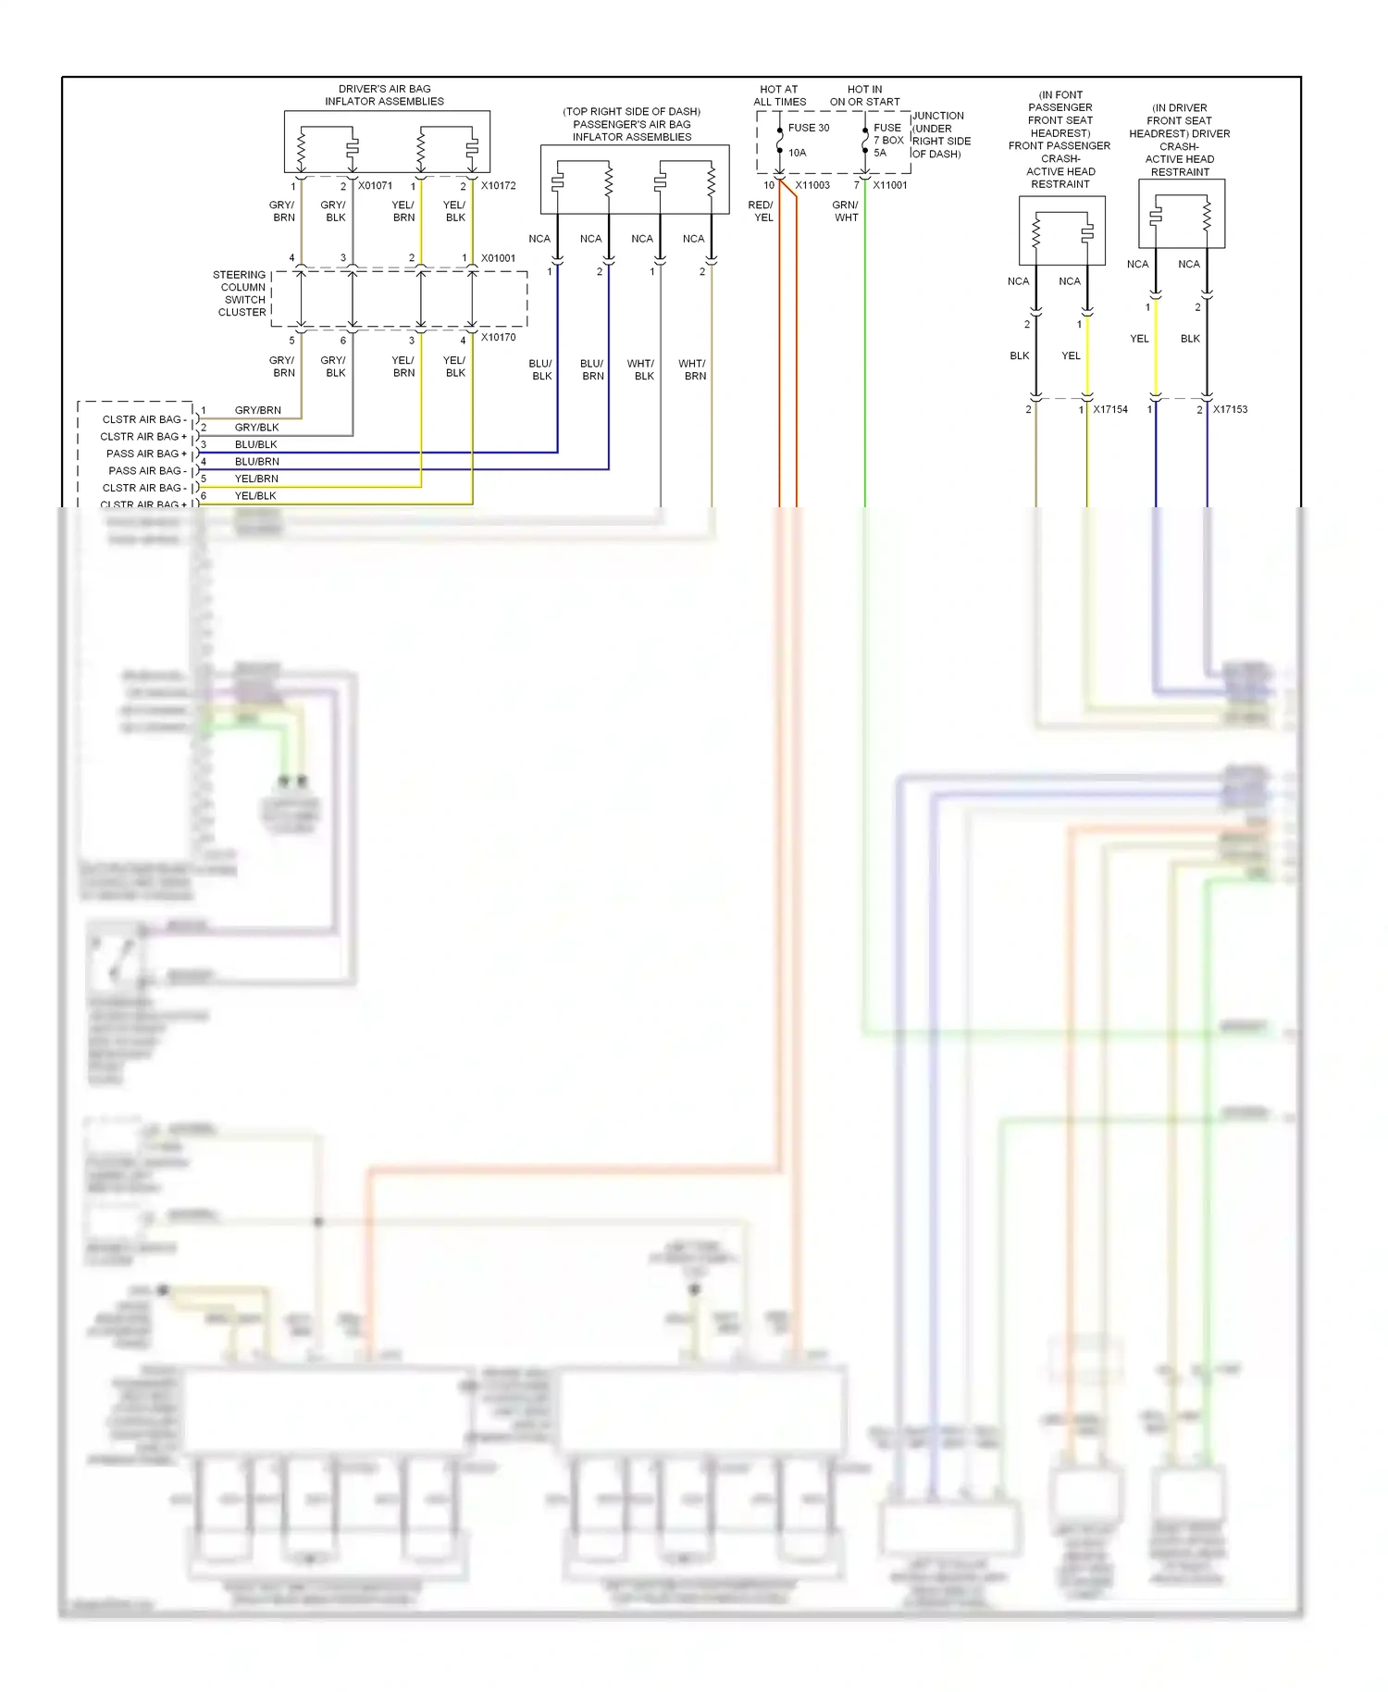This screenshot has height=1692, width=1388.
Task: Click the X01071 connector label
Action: pyautogui.click(x=375, y=185)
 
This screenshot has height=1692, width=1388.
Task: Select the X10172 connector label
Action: pyautogui.click(x=498, y=185)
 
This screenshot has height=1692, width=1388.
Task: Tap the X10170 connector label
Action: pyautogui.click(x=498, y=337)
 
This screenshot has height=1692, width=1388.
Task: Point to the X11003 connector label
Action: pyautogui.click(x=812, y=185)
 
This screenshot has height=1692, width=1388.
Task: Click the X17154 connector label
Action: pyautogui.click(x=1109, y=409)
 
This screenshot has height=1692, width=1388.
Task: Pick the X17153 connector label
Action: pyautogui.click(x=1230, y=409)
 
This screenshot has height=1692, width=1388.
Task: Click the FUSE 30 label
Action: pyautogui.click(x=809, y=128)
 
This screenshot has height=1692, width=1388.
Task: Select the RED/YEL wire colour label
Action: pyautogui.click(x=762, y=211)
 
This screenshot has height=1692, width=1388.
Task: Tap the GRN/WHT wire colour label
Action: pyautogui.click(x=846, y=211)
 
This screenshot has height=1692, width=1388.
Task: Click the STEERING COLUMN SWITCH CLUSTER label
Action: pyautogui.click(x=241, y=293)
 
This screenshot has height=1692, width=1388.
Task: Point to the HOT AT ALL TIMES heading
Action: pyautogui.click(x=779, y=95)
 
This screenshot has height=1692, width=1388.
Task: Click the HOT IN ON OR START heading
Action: pyautogui.click(x=864, y=95)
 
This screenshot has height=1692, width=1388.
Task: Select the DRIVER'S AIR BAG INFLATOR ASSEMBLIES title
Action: pyautogui.click(x=384, y=95)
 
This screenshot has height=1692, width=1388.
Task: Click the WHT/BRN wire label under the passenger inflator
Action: pyautogui.click(x=692, y=369)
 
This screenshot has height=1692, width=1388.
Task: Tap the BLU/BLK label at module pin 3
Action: pyautogui.click(x=255, y=444)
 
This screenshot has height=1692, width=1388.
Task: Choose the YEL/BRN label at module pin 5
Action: pyautogui.click(x=256, y=479)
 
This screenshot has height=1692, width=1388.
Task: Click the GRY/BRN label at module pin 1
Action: pyautogui.click(x=257, y=410)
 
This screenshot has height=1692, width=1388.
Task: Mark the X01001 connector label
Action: pyautogui.click(x=498, y=258)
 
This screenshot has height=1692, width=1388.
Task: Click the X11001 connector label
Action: pyautogui.click(x=889, y=185)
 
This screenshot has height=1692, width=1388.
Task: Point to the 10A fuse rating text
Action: pyautogui.click(x=797, y=153)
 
